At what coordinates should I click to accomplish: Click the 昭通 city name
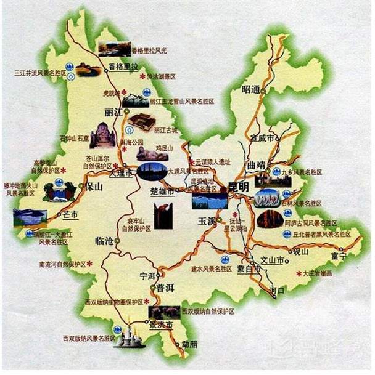(x=251, y=89)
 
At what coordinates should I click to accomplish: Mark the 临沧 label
(x=105, y=241)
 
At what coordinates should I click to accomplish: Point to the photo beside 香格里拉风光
(x=113, y=49)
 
